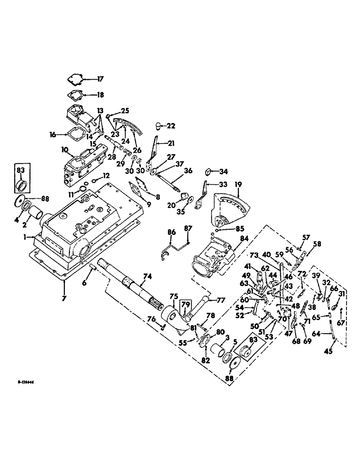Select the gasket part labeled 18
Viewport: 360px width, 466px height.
pos(77,94)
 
